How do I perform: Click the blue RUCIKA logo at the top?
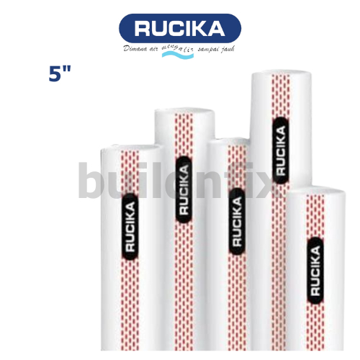click(x=179, y=29)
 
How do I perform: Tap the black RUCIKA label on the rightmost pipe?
click(x=315, y=270)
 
